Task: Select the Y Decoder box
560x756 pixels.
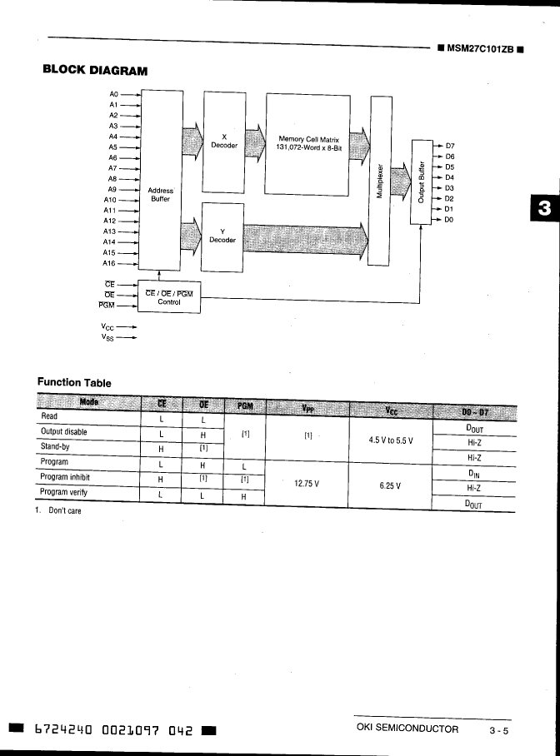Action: tap(222, 236)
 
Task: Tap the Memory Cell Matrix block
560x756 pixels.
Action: tap(307, 143)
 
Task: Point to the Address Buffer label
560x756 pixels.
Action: tap(160, 195)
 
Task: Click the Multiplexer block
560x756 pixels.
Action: tap(380, 180)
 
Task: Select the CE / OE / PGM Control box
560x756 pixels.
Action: tap(168, 297)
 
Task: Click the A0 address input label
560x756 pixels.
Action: tap(114, 95)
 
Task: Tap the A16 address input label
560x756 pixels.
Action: tap(109, 263)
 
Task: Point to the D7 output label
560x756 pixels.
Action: tap(450, 146)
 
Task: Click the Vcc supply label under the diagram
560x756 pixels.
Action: tap(108, 327)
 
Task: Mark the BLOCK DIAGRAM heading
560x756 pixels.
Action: tap(95, 71)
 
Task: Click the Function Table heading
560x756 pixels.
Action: tap(74, 382)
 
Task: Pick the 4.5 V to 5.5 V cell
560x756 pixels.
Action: tap(392, 440)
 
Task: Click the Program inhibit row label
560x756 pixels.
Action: tap(65, 477)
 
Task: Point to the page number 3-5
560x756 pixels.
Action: tap(499, 730)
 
